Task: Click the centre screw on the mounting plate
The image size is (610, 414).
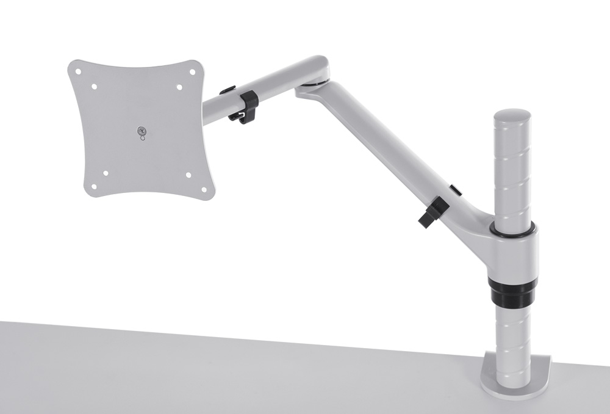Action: click(142, 129)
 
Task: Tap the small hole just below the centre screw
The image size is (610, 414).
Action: click(143, 137)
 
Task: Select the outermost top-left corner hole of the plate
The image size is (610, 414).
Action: click(78, 71)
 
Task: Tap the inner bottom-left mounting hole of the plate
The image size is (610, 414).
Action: click(106, 173)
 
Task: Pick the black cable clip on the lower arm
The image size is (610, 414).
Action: click(434, 212)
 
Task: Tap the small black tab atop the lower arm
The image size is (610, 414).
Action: click(456, 191)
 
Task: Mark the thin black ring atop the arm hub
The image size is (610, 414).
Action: click(512, 231)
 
